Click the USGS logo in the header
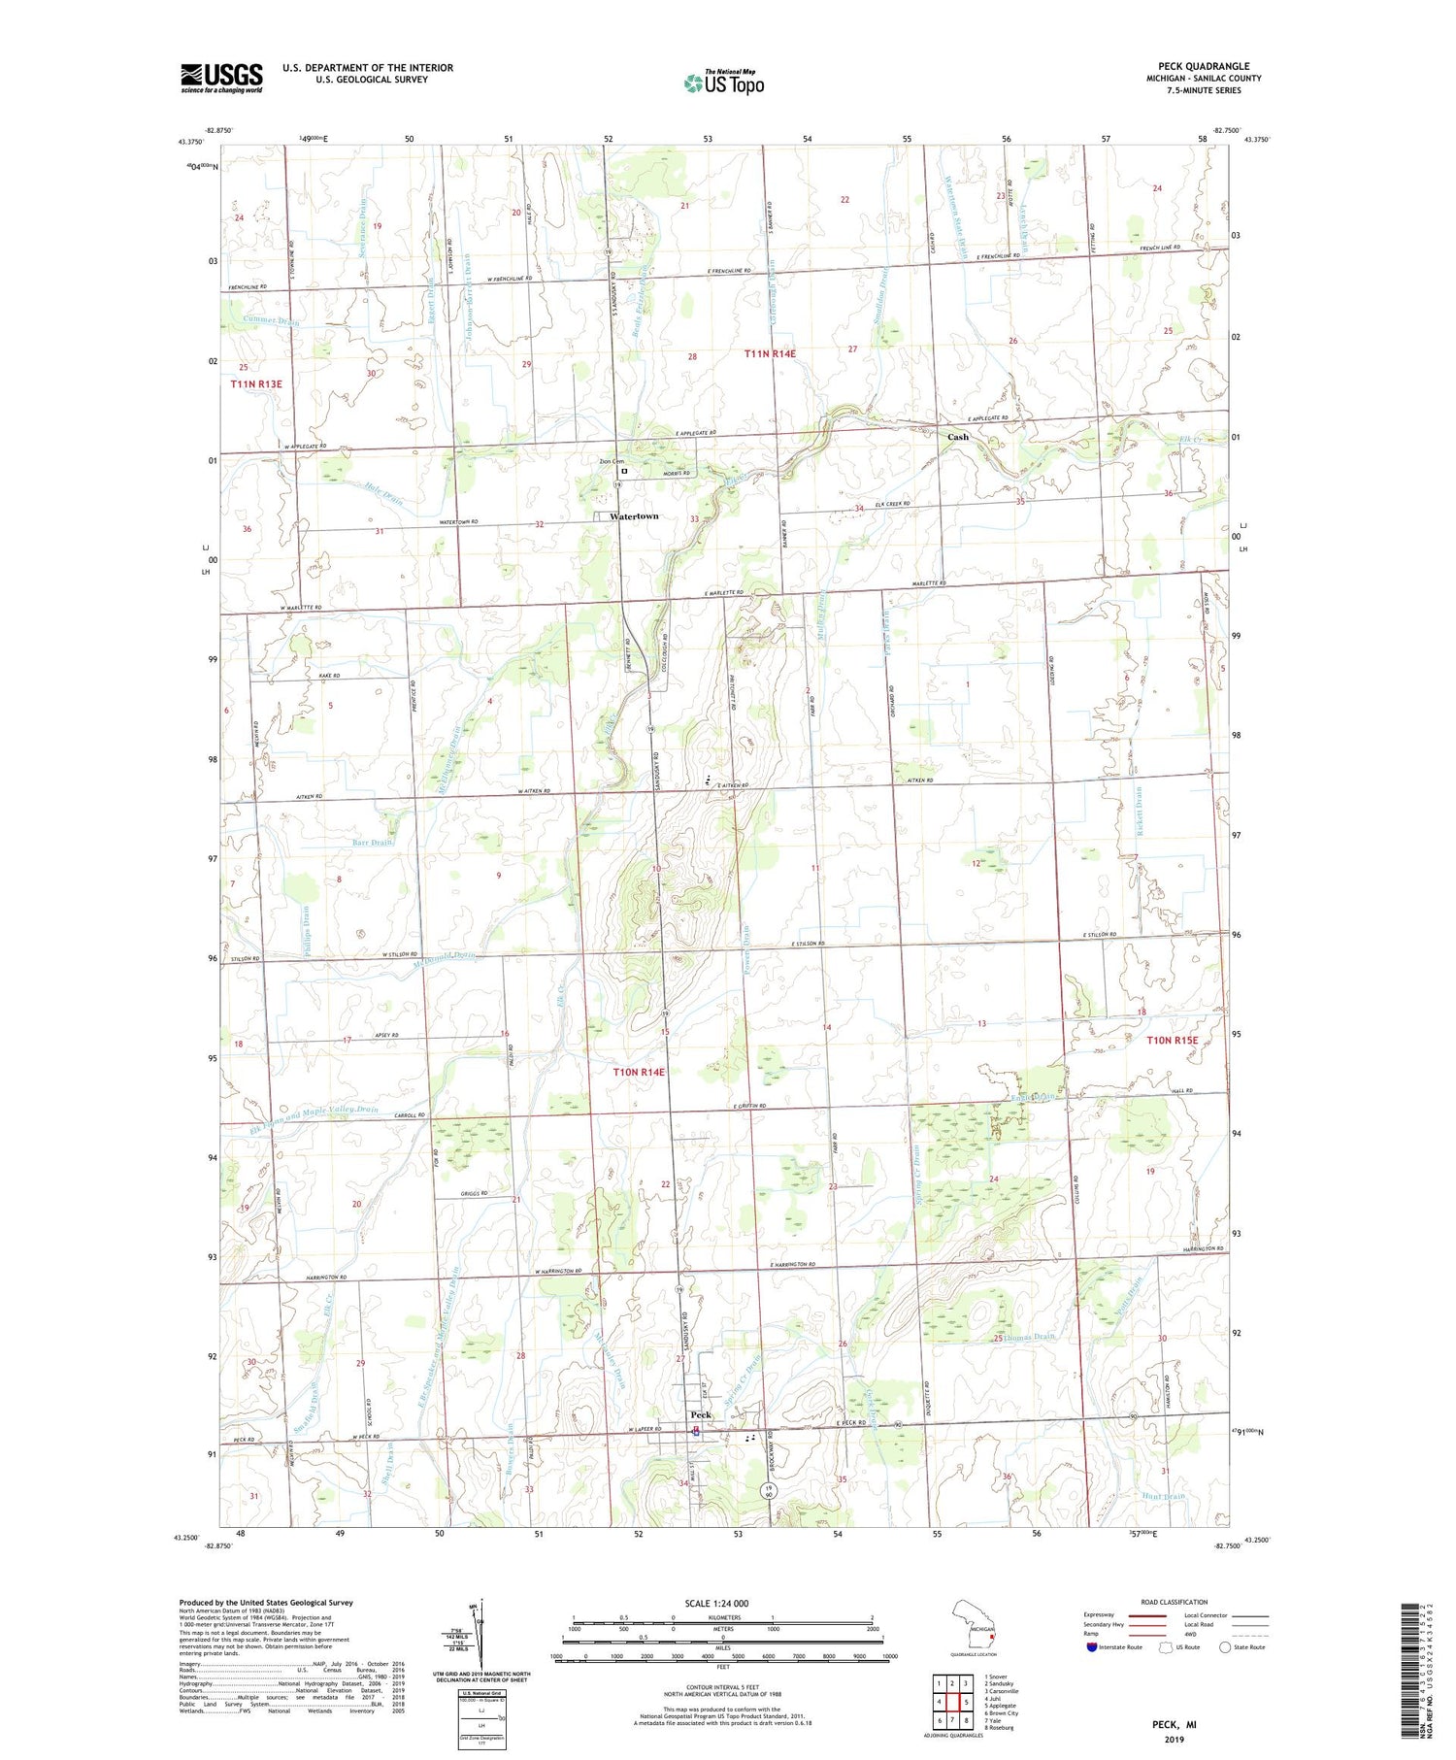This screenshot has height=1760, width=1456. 221,78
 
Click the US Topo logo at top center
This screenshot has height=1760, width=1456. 723,83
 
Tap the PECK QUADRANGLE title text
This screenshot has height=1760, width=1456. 1204,66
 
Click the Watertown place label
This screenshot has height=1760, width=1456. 634,516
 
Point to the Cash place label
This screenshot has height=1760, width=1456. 958,437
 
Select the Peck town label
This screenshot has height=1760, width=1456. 701,1414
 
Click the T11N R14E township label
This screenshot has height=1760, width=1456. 770,354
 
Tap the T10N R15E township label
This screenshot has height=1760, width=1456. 1173,1041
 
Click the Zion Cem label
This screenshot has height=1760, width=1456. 612,461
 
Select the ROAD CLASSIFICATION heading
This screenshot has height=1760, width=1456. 1175,1602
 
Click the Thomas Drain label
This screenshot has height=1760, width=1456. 1029,1337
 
